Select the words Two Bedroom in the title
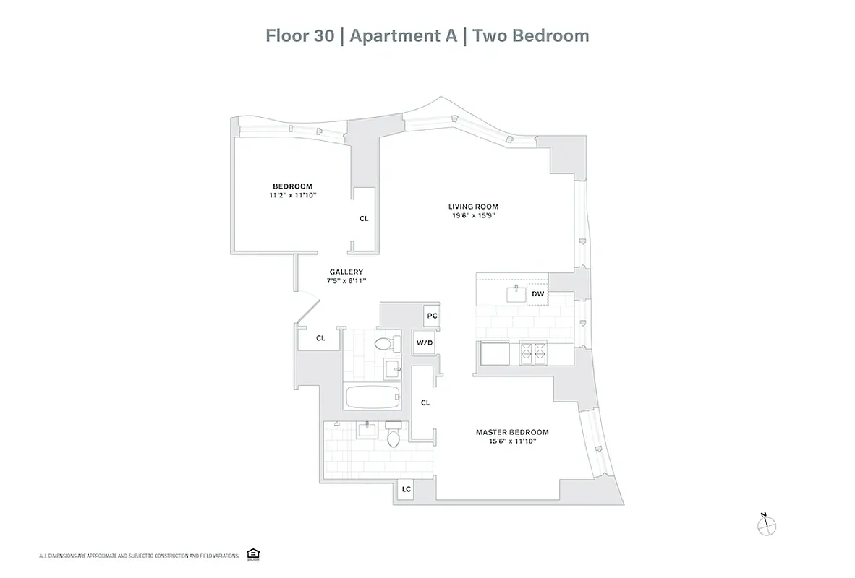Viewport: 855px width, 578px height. tap(531, 35)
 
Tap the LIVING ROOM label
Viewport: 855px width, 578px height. tap(473, 207)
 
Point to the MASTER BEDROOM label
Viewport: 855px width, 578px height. tap(512, 432)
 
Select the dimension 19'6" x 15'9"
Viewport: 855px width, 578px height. tap(473, 215)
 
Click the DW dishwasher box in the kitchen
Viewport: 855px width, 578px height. tap(537, 294)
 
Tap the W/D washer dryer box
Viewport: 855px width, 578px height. tap(424, 342)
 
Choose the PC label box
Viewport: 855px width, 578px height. tap(432, 316)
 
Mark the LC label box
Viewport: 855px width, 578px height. tap(407, 490)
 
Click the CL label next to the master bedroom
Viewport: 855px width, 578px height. tap(425, 402)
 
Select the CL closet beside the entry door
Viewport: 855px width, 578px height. tap(320, 337)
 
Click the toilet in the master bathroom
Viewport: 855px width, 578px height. tap(393, 437)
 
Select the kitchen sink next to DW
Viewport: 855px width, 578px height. tap(515, 293)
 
